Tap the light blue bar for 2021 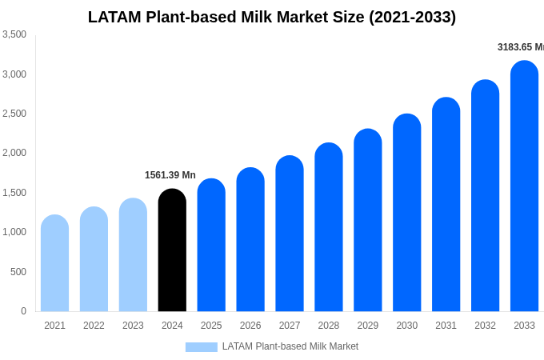click(54, 263)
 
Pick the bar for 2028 click(329, 227)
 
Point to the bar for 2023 click(133, 255)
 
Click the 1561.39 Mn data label click(170, 175)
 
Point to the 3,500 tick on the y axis click(14, 34)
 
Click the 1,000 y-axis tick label click(14, 232)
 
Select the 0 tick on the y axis click(23, 311)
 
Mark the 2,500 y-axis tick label click(14, 114)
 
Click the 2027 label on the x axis click(290, 326)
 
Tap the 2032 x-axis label click(485, 326)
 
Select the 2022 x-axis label click(94, 326)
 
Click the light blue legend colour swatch click(201, 347)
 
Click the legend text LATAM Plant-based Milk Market click(290, 346)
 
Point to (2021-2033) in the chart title click(412, 17)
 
